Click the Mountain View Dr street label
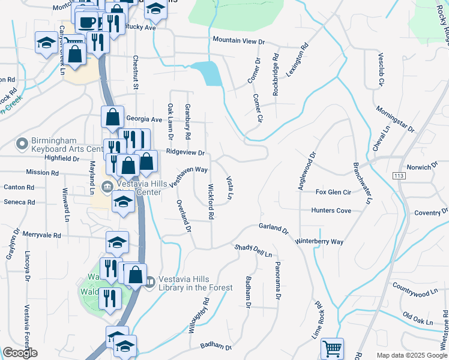238,41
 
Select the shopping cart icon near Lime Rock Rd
332,349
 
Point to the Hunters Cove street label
331,211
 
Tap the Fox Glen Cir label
333,192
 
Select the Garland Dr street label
274,228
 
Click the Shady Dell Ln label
253,248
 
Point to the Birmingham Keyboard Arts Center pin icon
22,144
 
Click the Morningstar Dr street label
394,119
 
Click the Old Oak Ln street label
418,318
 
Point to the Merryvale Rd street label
41,235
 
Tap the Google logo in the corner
20,353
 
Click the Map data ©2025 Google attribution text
411,355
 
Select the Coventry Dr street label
431,212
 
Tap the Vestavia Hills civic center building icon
107,185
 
